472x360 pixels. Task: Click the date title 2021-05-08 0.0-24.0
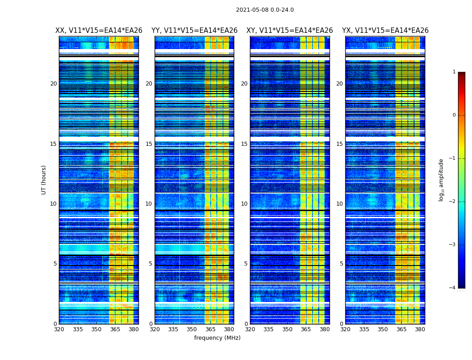click(x=265, y=10)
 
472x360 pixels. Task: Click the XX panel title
click(x=99, y=31)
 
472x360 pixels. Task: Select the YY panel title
click(x=194, y=31)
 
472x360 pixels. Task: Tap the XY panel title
click(x=289, y=31)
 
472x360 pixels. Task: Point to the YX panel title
click(x=385, y=31)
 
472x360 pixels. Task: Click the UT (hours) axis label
click(x=44, y=180)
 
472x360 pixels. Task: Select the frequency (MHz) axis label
click(x=217, y=338)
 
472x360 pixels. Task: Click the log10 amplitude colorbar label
click(x=441, y=180)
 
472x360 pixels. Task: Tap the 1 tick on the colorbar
click(x=454, y=72)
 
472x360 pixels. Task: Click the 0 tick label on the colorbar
click(x=454, y=115)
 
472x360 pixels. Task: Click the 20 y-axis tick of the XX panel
click(x=53, y=84)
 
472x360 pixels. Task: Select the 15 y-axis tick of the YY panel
click(x=149, y=144)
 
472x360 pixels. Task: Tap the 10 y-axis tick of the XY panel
click(x=244, y=204)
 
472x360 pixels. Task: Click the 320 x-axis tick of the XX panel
click(x=59, y=329)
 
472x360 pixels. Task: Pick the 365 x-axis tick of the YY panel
click(x=210, y=329)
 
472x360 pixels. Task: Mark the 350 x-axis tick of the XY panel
click(x=287, y=329)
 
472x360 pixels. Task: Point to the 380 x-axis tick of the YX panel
click(x=420, y=329)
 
